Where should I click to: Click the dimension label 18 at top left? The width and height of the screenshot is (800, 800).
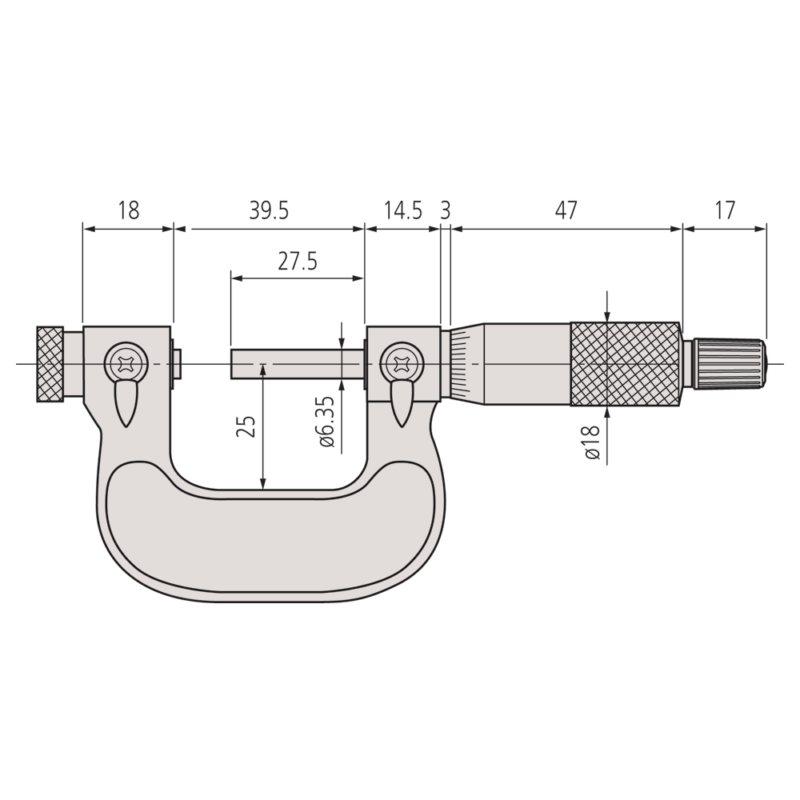[128, 210]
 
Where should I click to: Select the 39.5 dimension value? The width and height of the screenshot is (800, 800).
[269, 210]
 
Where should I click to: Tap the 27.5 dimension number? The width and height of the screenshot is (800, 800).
[298, 262]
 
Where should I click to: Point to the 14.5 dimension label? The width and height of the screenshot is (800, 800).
[402, 210]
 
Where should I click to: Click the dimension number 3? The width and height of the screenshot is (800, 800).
[446, 210]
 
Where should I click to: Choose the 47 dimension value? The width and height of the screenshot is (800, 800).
[566, 210]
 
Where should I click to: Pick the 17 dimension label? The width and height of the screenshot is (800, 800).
[724, 210]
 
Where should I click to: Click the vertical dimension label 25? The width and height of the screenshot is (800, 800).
[248, 426]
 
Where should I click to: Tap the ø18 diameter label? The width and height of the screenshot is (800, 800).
[593, 442]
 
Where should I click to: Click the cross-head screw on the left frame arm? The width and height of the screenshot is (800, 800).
[127, 364]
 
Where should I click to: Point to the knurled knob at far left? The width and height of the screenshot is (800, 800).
[50, 364]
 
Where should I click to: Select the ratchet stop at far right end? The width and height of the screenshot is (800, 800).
[729, 364]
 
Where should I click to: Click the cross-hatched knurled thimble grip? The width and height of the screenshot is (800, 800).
[625, 364]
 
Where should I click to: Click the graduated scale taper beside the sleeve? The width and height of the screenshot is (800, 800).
[459, 364]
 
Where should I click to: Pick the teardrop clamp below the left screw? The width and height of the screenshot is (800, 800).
[126, 403]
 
